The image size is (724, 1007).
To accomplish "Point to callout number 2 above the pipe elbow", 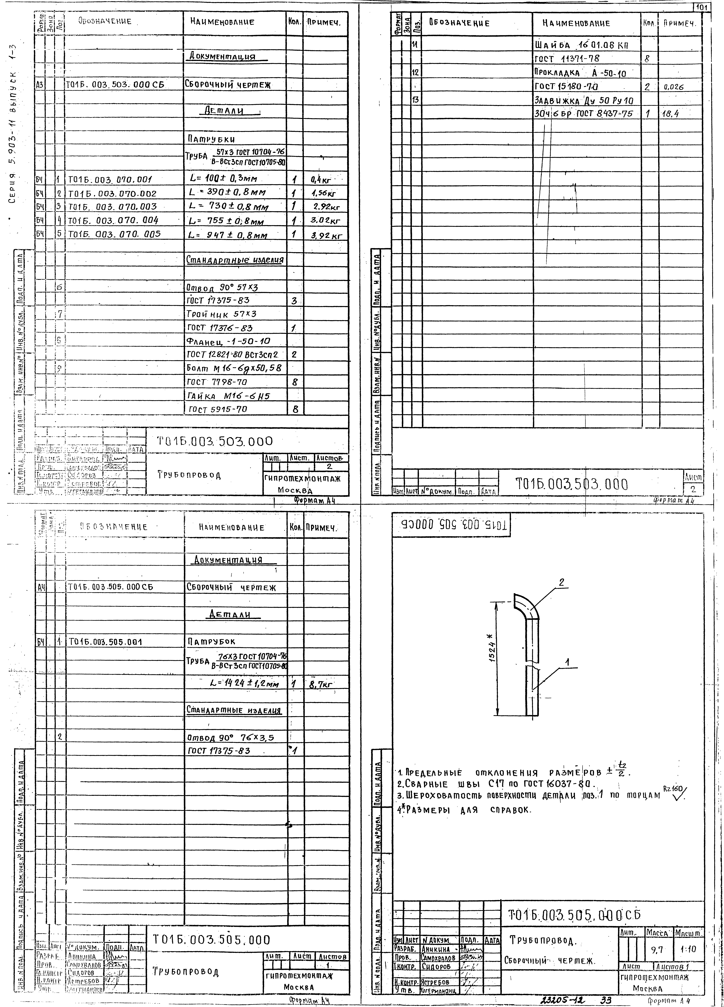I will (x=562, y=583).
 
